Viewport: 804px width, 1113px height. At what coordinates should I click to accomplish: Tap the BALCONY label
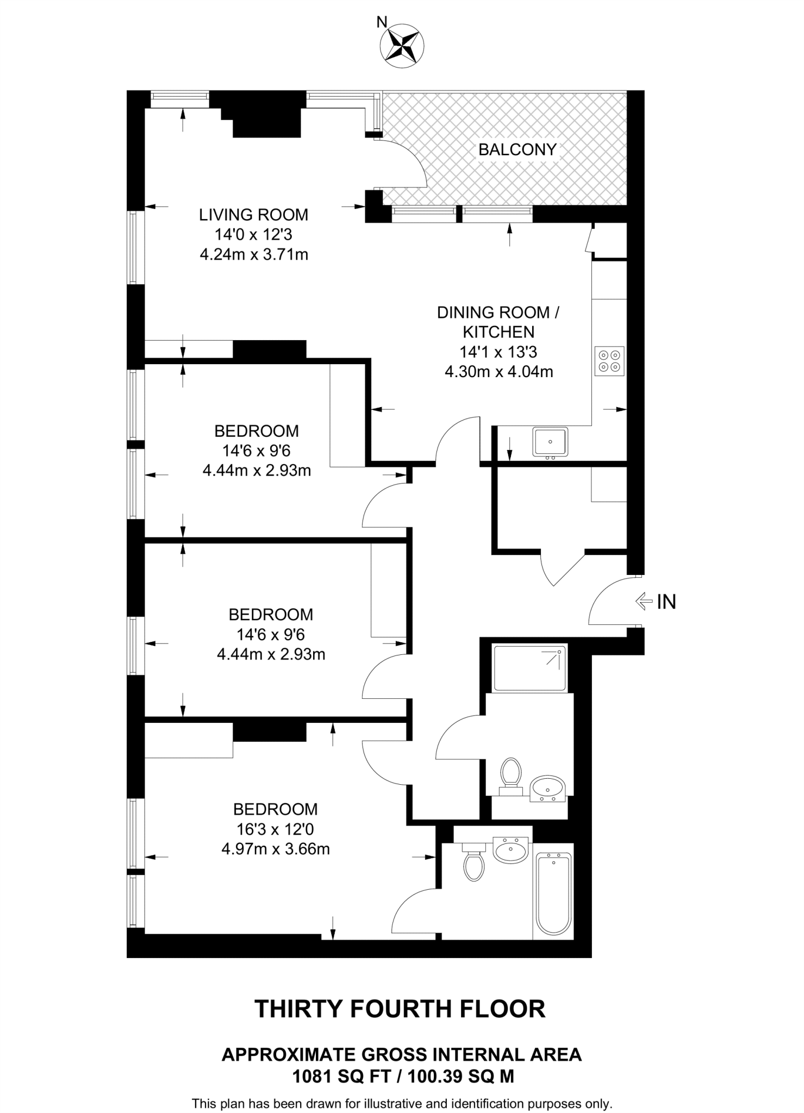point(517,149)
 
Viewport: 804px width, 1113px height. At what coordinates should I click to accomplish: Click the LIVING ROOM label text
point(253,215)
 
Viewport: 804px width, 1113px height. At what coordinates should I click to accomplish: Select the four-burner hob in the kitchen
point(609,361)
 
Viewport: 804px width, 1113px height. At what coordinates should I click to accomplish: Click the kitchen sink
point(550,441)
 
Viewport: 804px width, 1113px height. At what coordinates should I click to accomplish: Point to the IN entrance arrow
point(645,601)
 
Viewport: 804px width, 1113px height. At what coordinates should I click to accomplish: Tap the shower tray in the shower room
point(529,668)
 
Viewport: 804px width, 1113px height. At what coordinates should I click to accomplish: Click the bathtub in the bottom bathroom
point(553,894)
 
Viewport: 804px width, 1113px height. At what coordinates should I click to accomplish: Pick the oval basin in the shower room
point(549,789)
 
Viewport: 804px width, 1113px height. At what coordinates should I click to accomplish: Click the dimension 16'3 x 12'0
point(275,829)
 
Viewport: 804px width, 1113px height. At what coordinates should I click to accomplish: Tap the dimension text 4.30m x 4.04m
point(498,372)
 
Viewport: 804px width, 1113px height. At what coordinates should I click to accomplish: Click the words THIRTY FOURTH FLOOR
point(400,1009)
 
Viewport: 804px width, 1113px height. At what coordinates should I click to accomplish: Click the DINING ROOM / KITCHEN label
point(498,322)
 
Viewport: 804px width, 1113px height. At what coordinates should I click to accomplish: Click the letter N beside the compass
point(382,22)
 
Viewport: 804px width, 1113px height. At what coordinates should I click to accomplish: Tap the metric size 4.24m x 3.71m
point(254,254)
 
